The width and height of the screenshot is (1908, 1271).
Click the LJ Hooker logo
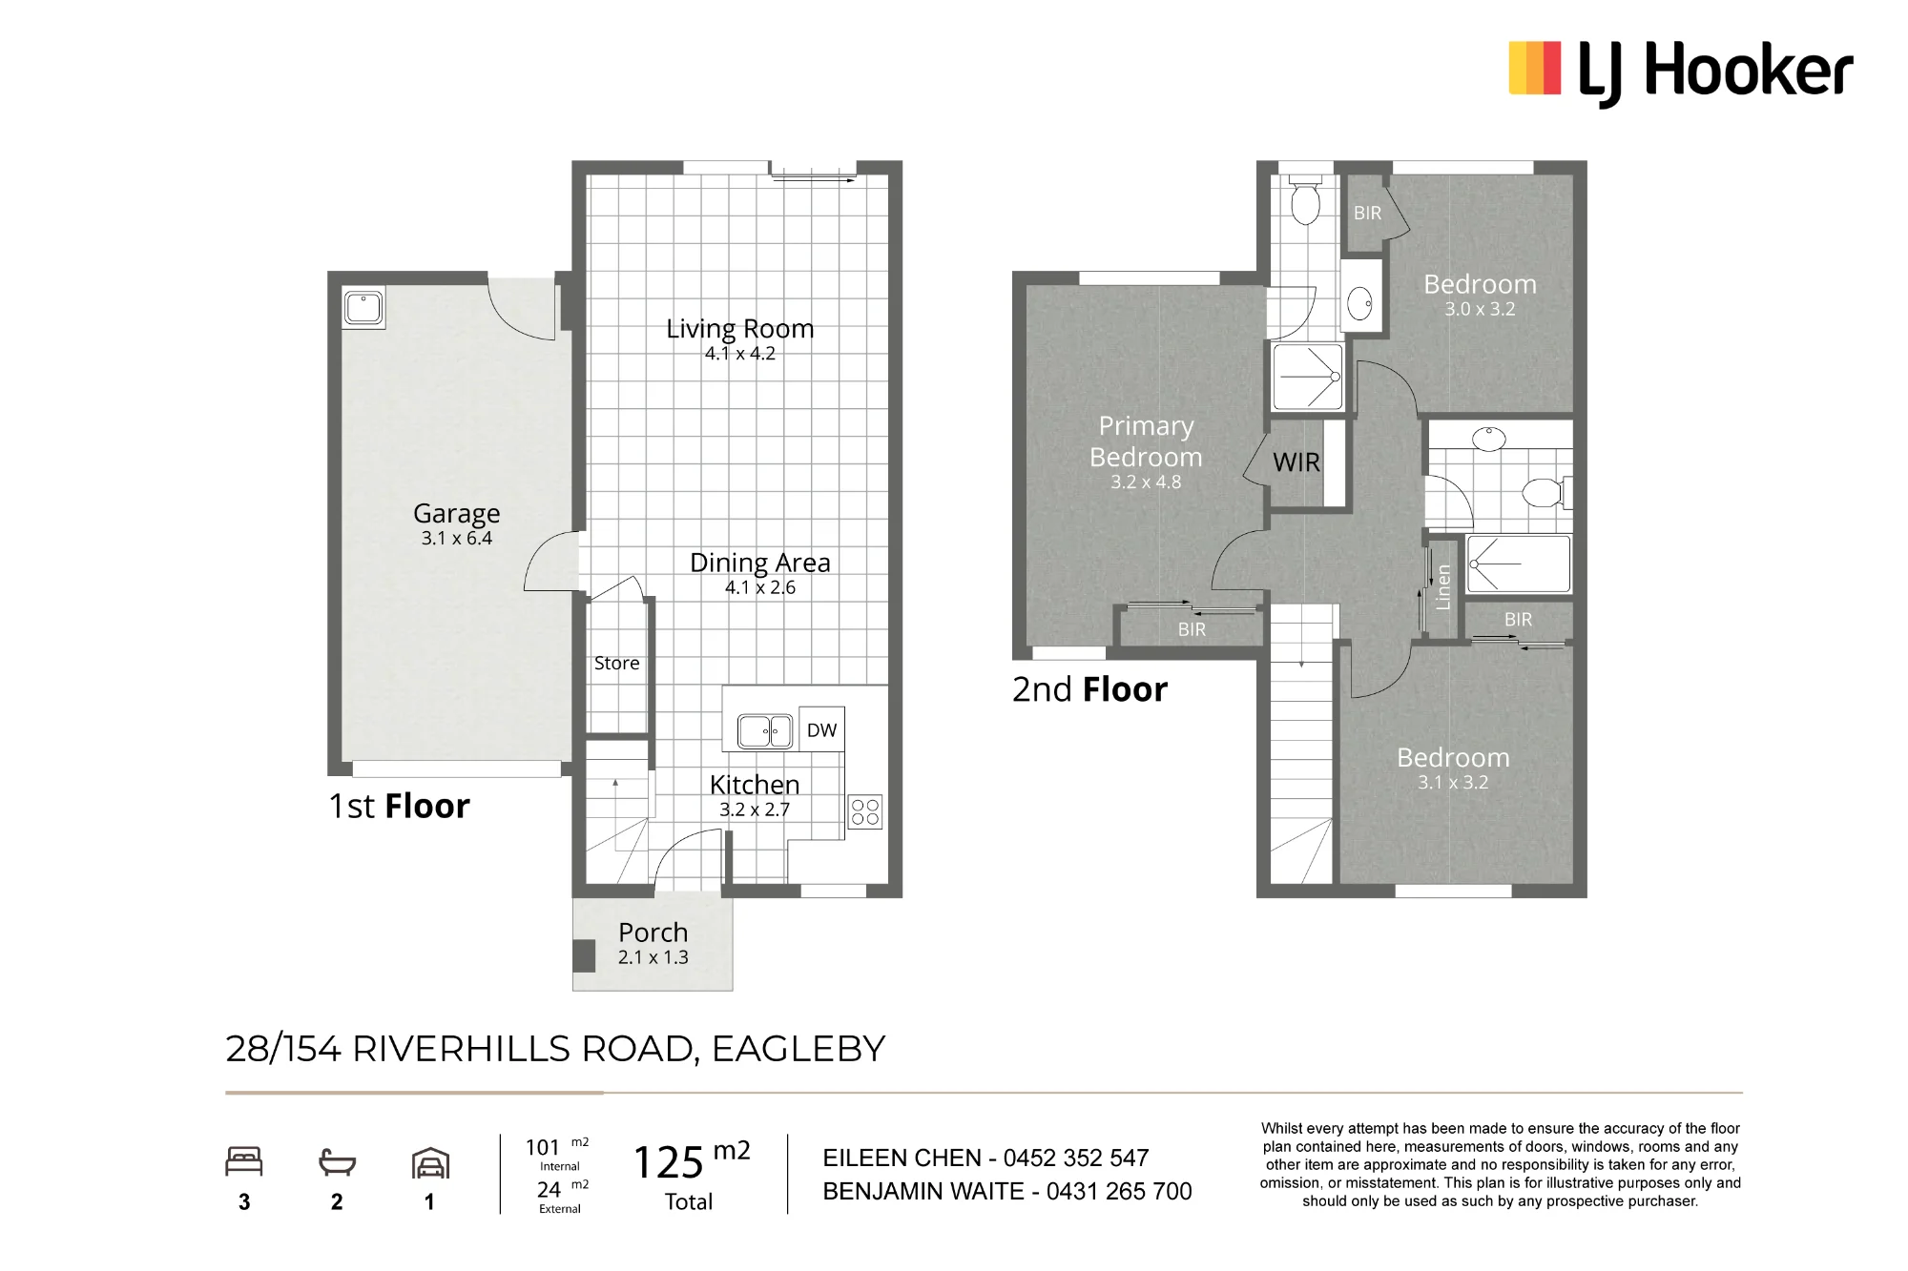tap(1680, 72)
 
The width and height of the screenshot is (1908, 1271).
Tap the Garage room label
tap(456, 513)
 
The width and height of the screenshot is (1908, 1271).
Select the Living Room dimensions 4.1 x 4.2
tap(740, 354)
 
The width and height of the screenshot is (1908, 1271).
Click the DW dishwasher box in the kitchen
tap(821, 730)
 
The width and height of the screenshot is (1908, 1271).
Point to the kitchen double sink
tap(765, 731)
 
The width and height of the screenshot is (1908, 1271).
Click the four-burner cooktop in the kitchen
tap(865, 811)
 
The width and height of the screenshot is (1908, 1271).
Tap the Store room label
tap(616, 663)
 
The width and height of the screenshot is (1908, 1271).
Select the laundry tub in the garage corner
tap(363, 308)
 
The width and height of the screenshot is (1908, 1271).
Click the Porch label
tap(653, 932)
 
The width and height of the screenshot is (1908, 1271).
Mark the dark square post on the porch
tap(584, 956)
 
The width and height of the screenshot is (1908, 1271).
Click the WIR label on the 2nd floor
tap(1296, 462)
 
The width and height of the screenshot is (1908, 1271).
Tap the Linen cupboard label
tap(1442, 587)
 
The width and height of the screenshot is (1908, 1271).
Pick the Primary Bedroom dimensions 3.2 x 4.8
tap(1146, 482)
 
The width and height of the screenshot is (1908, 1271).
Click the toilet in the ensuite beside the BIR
tap(1305, 199)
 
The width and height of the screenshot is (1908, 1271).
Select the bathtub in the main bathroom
tap(1518, 564)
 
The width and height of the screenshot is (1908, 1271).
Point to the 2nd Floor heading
tap(1089, 689)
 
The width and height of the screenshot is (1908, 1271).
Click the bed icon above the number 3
tap(244, 1161)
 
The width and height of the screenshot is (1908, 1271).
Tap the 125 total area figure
tap(669, 1162)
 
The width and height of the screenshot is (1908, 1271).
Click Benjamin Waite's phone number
tap(1119, 1191)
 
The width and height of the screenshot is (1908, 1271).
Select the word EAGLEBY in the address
tap(798, 1049)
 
